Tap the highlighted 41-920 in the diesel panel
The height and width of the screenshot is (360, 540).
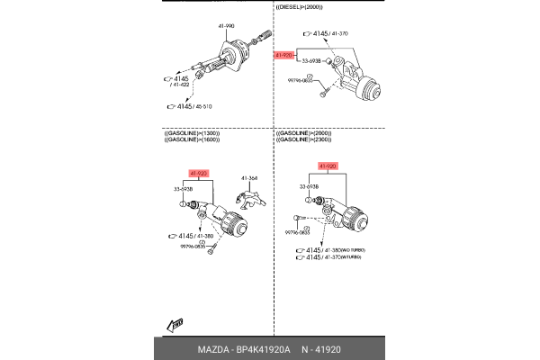285,55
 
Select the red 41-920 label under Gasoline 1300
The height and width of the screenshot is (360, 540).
200,173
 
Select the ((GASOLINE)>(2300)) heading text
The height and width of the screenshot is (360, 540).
305,140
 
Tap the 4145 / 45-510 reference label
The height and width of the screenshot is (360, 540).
193,106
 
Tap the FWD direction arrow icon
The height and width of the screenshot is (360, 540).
175,323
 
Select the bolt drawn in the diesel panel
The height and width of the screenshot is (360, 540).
328,88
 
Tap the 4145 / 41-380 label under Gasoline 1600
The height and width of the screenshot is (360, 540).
188,237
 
